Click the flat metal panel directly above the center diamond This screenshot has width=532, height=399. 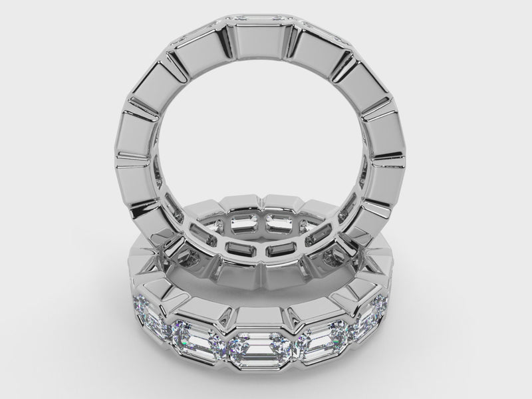coord(261,318)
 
